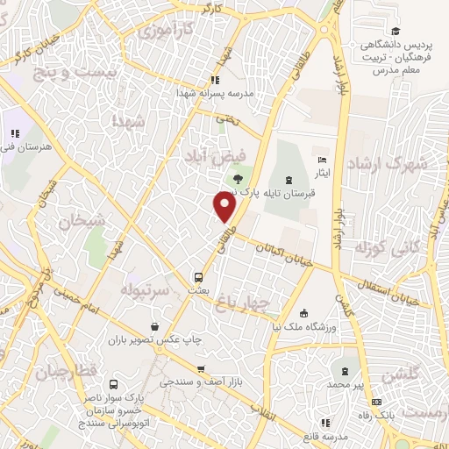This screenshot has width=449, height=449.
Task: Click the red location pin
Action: coord(224,206)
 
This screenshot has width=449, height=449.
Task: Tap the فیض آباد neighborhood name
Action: coord(208,155)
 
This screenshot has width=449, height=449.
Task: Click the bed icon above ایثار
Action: coord(322,160)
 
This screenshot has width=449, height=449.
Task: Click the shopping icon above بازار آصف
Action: coord(202,369)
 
